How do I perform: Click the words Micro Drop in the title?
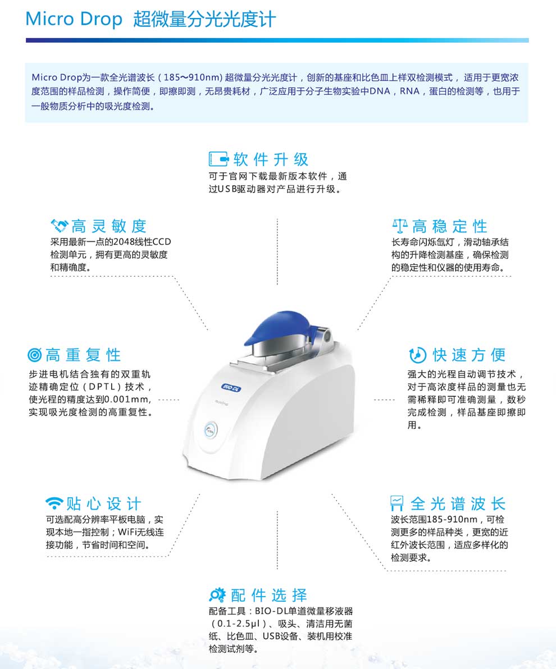click(74, 19)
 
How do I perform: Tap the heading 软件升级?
click(271, 159)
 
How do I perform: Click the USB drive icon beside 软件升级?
click(218, 159)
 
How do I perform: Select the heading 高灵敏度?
click(109, 226)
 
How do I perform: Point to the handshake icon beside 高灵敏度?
click(60, 225)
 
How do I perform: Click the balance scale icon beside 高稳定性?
click(400, 225)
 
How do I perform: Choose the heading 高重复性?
click(83, 355)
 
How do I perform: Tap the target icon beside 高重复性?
click(35, 355)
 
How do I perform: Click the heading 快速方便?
click(469, 355)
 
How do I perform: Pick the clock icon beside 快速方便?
click(418, 354)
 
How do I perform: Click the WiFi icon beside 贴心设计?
click(54, 503)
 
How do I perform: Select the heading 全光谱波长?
click(458, 503)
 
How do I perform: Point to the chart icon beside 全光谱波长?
click(397, 503)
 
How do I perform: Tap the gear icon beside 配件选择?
click(217, 594)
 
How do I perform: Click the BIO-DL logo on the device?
click(232, 388)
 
